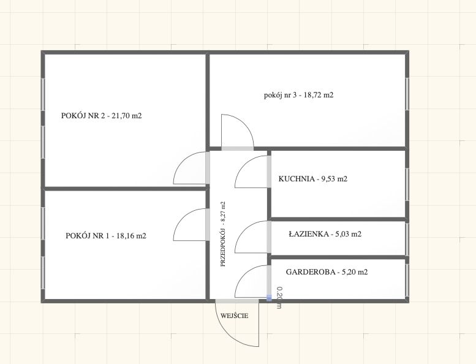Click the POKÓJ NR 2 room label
click(x=102, y=116)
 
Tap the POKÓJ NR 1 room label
click(x=106, y=235)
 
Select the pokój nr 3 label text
click(x=299, y=95)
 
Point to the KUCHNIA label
click(x=313, y=179)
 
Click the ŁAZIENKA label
click(x=325, y=234)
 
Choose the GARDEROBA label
click(x=327, y=271)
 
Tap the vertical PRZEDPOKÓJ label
click(x=223, y=234)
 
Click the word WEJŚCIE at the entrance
click(x=235, y=316)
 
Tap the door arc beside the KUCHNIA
click(x=241, y=164)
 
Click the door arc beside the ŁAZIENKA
click(x=241, y=230)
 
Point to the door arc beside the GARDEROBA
click(x=241, y=274)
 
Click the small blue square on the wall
click(x=269, y=298)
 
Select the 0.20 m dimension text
click(x=279, y=298)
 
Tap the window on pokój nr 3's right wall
click(x=407, y=94)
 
